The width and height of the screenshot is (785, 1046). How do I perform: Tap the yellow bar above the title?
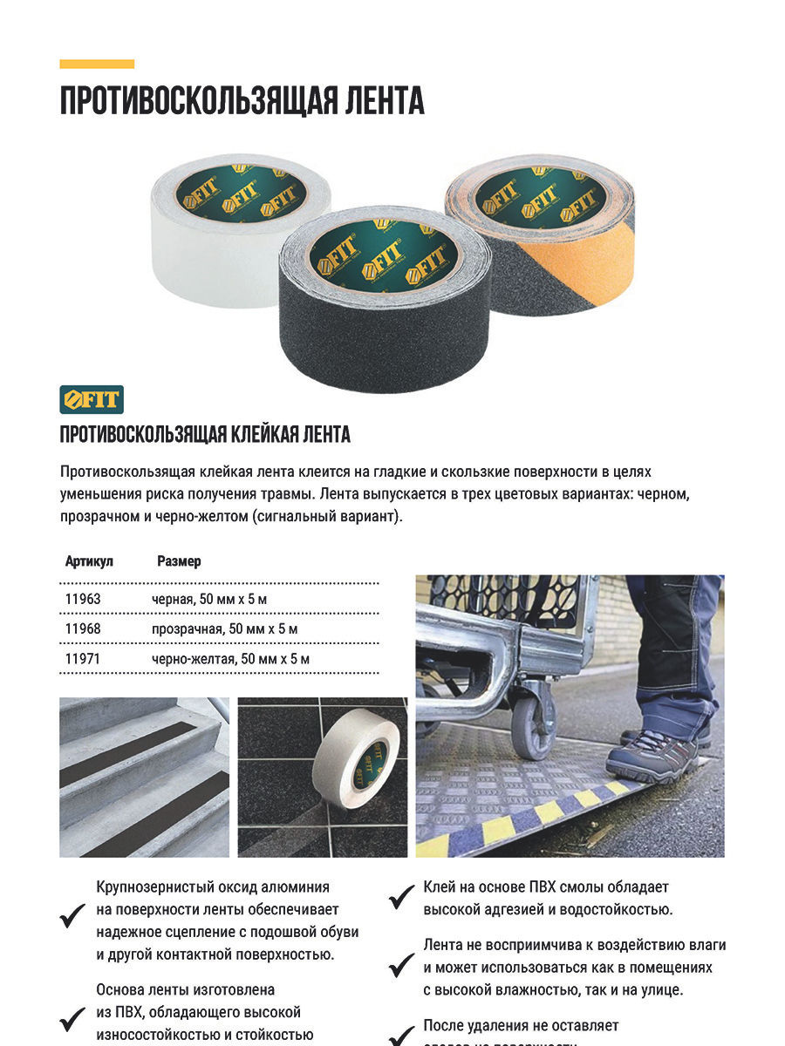(97, 64)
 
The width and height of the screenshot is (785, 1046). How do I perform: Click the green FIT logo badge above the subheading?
(92, 399)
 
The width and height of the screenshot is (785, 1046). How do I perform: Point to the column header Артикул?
(89, 561)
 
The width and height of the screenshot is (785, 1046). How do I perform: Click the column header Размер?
(179, 561)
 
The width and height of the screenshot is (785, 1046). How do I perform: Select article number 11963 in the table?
(83, 599)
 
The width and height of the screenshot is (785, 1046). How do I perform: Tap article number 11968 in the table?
(83, 629)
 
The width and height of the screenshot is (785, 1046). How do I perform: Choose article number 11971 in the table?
(83, 659)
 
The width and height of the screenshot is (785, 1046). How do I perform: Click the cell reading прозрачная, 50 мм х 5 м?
(224, 629)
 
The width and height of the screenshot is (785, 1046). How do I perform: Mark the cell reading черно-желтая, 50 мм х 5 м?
(230, 659)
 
